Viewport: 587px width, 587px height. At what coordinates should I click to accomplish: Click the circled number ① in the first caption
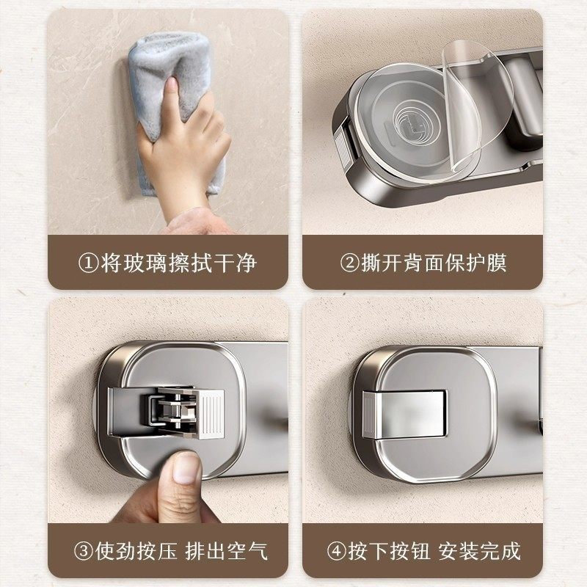88,263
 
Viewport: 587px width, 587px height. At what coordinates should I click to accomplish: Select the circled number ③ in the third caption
88,550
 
